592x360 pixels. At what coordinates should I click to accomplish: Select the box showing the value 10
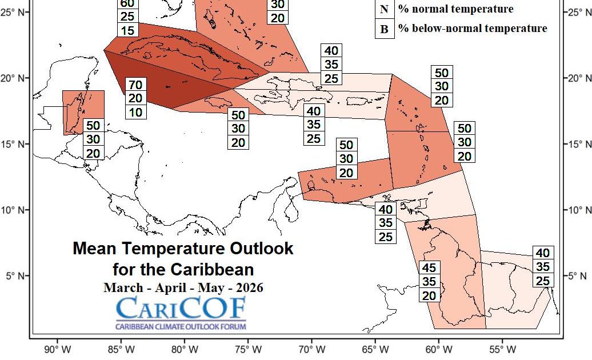pos(135,112)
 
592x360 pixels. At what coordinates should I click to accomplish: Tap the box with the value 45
pos(430,268)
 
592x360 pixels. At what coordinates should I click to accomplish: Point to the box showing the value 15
pos(128,30)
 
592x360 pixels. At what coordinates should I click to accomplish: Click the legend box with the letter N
pos(384,9)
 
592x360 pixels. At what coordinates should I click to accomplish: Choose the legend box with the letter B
pos(384,29)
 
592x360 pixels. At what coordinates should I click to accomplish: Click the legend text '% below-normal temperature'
pos(473,29)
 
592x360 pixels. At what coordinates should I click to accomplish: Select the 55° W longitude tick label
pos(503,349)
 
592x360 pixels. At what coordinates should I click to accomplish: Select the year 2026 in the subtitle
pos(247,287)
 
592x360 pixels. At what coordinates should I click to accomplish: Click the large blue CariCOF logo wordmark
pos(181,309)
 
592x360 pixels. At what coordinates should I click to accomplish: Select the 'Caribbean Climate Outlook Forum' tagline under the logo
pos(181,327)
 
